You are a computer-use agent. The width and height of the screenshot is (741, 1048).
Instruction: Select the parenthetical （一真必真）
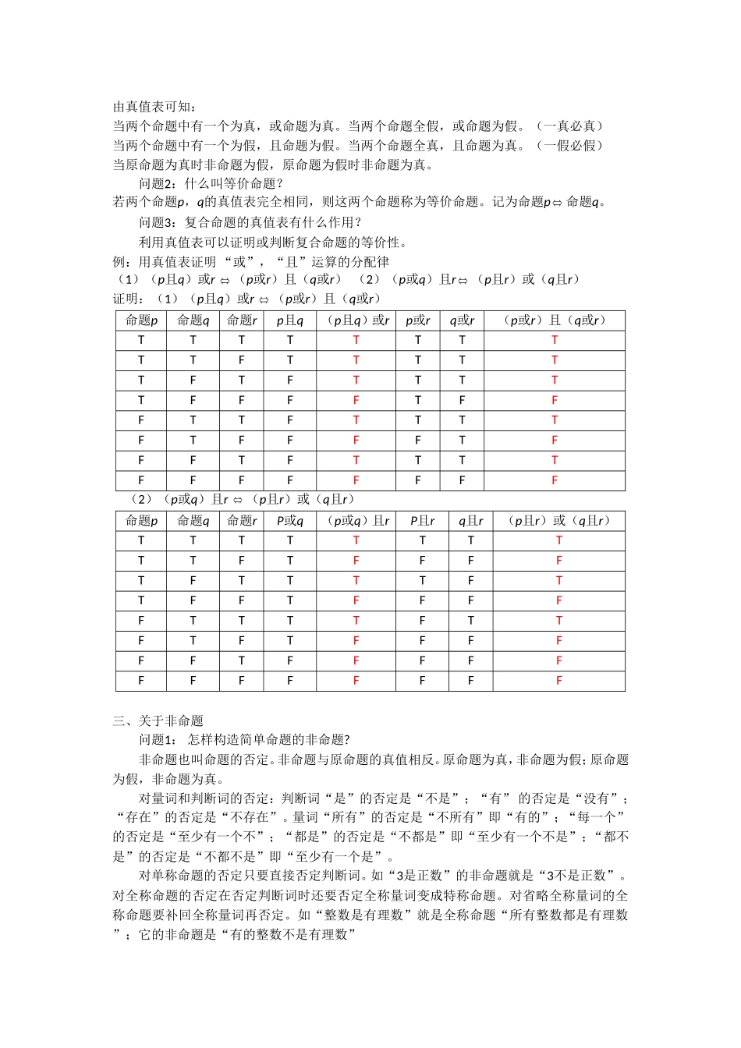pos(573,126)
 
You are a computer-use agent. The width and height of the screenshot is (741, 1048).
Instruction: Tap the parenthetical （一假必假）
pos(573,145)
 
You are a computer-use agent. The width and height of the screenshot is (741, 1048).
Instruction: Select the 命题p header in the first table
pos(141,320)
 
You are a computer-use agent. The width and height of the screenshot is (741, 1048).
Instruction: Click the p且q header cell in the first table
pos(290,320)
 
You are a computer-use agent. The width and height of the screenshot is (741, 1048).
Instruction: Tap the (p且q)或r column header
pos(356,320)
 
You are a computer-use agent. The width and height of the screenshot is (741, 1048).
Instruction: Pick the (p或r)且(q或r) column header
pos(555,320)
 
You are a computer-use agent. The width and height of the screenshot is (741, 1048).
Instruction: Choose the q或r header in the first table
pos(462,320)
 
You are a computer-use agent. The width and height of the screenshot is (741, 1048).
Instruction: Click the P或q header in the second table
pos(290,521)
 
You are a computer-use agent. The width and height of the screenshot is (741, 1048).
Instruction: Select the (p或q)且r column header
pos(356,521)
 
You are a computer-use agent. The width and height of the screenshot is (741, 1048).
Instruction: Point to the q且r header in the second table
pos(470,521)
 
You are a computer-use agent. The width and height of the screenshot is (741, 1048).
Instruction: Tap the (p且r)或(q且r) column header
pos(558,521)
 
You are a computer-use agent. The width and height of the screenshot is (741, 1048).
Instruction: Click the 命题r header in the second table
pos(242,521)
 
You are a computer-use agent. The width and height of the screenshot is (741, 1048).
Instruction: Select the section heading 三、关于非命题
pos(158,720)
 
